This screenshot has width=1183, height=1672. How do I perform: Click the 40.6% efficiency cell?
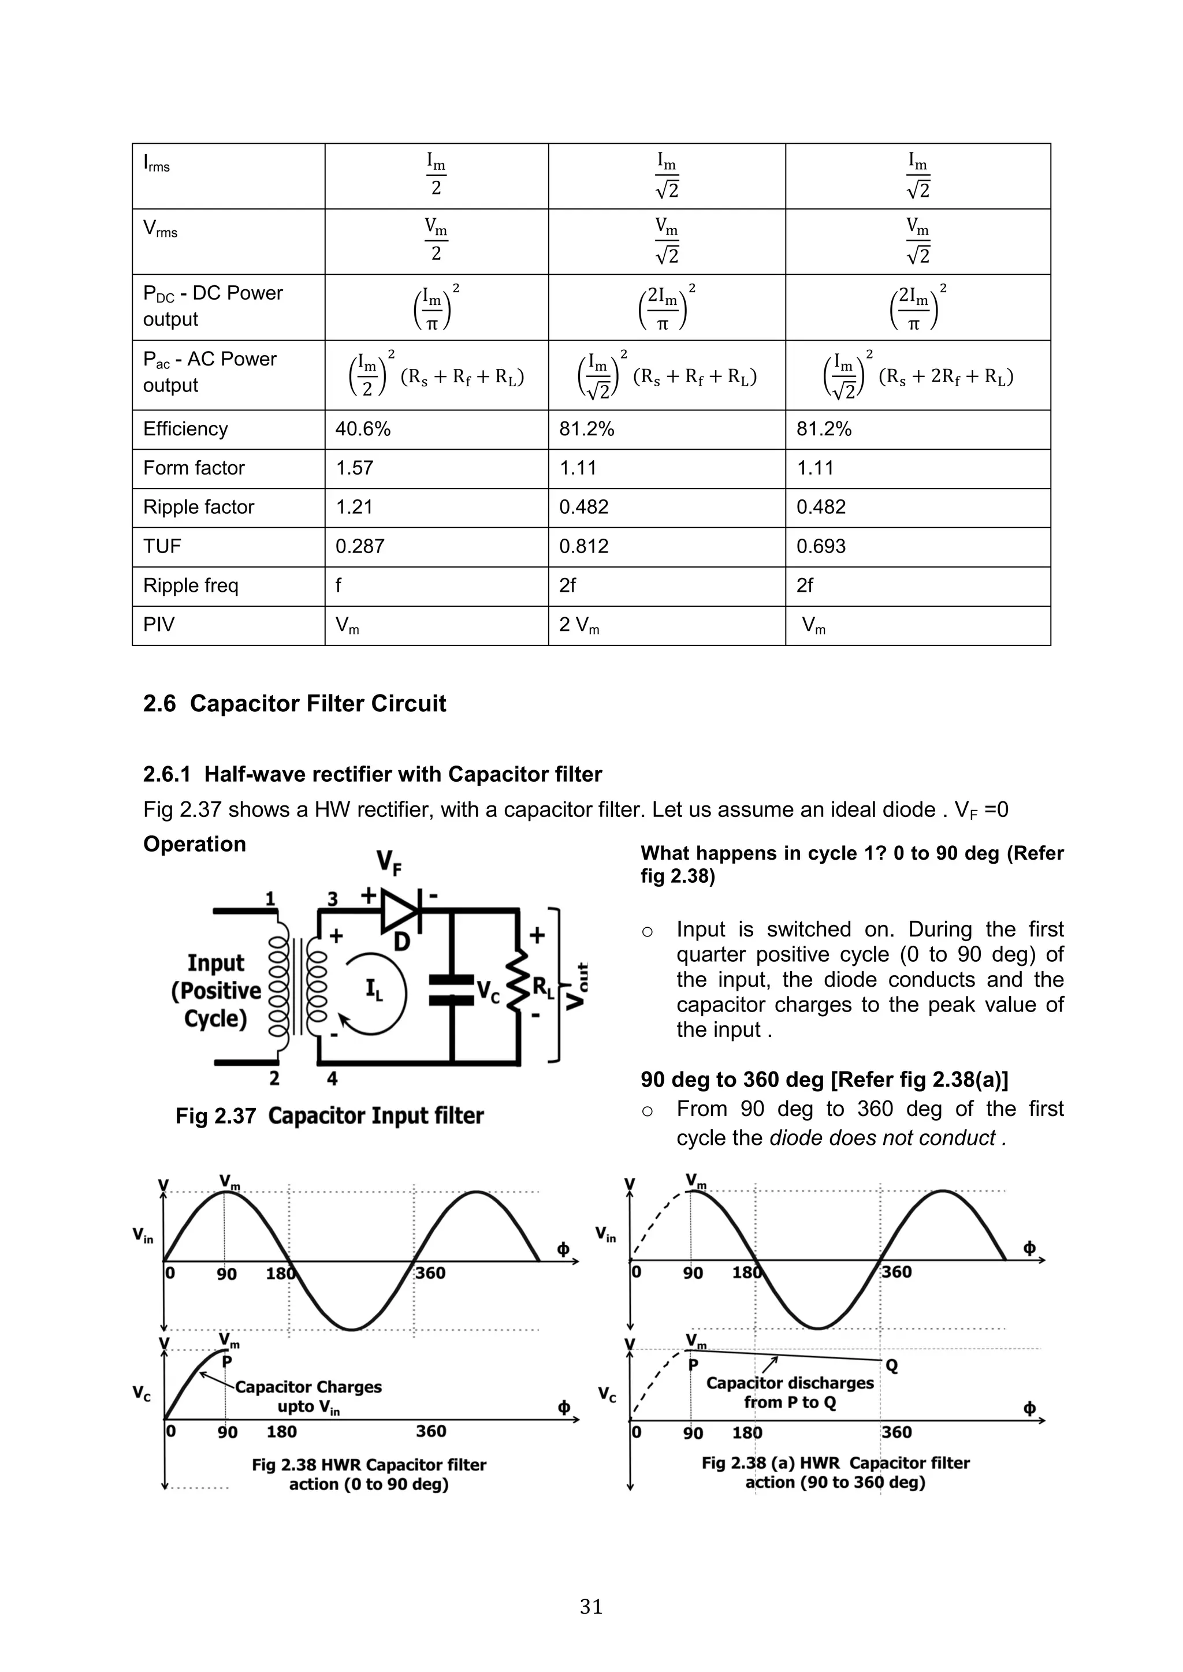click(x=363, y=429)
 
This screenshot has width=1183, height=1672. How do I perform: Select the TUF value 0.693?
click(x=820, y=546)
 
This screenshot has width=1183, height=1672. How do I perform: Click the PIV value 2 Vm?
click(x=579, y=625)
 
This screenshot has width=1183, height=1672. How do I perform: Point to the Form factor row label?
click(x=194, y=468)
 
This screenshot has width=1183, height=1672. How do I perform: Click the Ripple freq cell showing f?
click(x=338, y=585)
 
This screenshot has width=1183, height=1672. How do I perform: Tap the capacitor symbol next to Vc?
click(x=452, y=990)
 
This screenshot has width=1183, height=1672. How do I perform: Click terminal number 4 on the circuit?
click(x=332, y=1078)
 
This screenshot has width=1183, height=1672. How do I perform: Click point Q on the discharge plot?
click(x=892, y=1366)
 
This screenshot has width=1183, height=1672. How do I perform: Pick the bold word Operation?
click(x=195, y=844)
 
